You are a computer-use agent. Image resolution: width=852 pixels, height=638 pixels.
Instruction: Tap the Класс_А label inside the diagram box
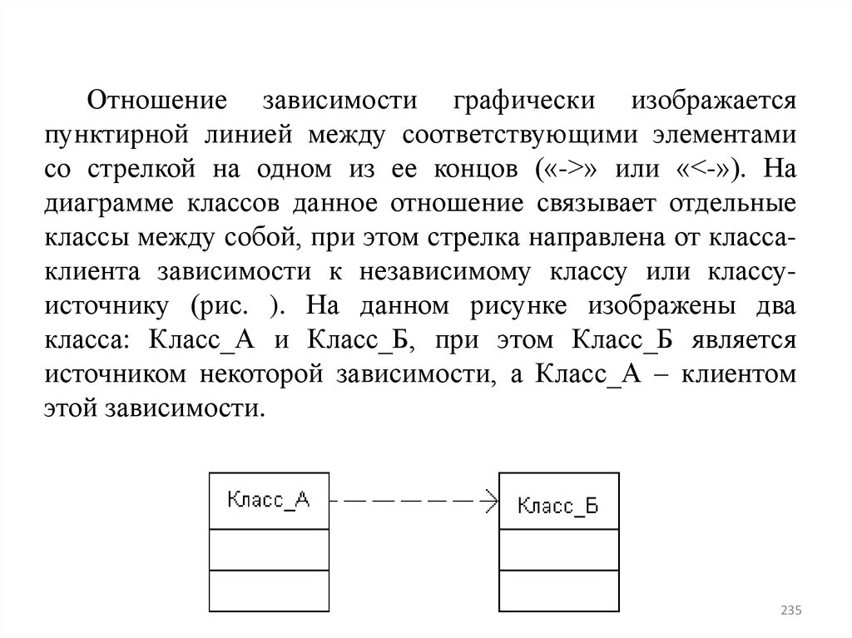point(268,500)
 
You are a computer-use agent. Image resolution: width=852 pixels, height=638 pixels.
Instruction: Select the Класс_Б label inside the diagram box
point(558,504)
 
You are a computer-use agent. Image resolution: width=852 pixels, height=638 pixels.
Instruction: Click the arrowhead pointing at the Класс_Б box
point(491,502)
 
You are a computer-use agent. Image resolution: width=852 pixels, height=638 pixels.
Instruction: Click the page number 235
point(790,611)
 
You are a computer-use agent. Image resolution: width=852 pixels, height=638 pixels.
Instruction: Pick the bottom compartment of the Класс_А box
point(268,591)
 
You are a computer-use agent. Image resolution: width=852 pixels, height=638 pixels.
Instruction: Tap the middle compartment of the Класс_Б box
point(558,550)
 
